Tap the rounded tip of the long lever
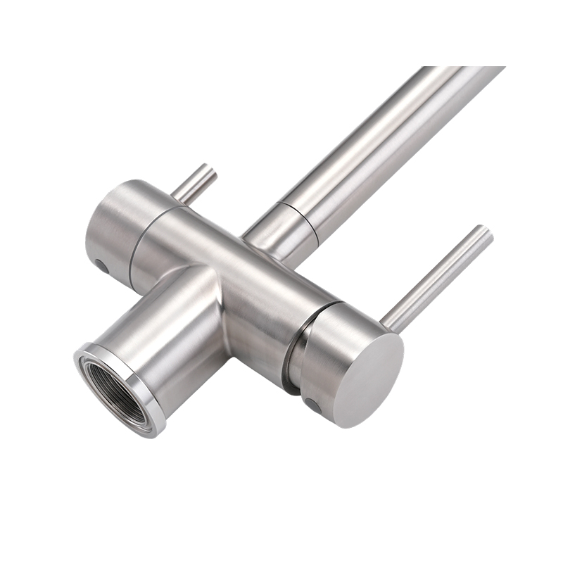(x=486, y=232)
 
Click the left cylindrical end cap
(x=116, y=225)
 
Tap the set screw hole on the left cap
(x=102, y=267)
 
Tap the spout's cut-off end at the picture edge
(x=464, y=70)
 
